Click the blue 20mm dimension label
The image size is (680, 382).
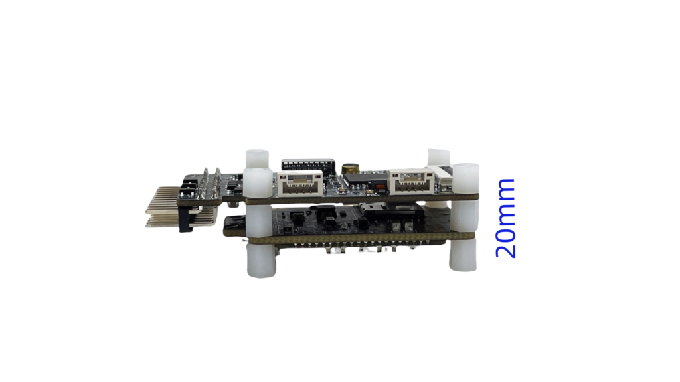pos(505,218)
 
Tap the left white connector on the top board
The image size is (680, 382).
pos(299,183)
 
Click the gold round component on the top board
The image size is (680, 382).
pos(351,168)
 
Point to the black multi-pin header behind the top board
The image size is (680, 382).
pos(308,164)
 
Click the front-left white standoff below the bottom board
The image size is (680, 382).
pos(262,260)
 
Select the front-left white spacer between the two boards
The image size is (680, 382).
pos(260,220)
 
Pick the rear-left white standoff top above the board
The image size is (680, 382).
pos(258,159)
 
